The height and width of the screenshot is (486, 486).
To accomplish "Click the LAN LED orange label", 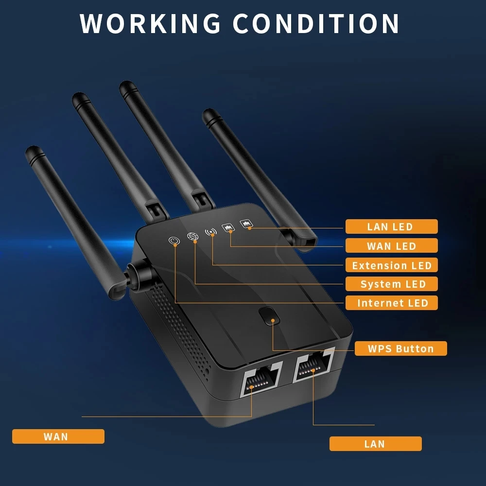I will tap(391, 226).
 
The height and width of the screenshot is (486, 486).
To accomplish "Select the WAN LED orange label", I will tap(391, 246).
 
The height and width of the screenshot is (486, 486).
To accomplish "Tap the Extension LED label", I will tap(391, 265).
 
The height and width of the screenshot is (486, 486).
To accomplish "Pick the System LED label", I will tap(391, 284).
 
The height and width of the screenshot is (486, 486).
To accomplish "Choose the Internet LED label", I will tap(391, 303).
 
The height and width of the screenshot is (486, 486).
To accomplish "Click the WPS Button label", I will tap(400, 348).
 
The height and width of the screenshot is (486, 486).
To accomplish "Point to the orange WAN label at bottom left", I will tap(58, 436).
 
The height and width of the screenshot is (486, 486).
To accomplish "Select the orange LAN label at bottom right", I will tap(375, 444).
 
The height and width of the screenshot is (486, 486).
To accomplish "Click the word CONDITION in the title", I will tap(316, 23).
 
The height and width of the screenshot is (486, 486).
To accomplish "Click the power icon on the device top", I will tap(174, 240).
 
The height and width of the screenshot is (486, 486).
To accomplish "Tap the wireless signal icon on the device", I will tap(211, 232).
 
